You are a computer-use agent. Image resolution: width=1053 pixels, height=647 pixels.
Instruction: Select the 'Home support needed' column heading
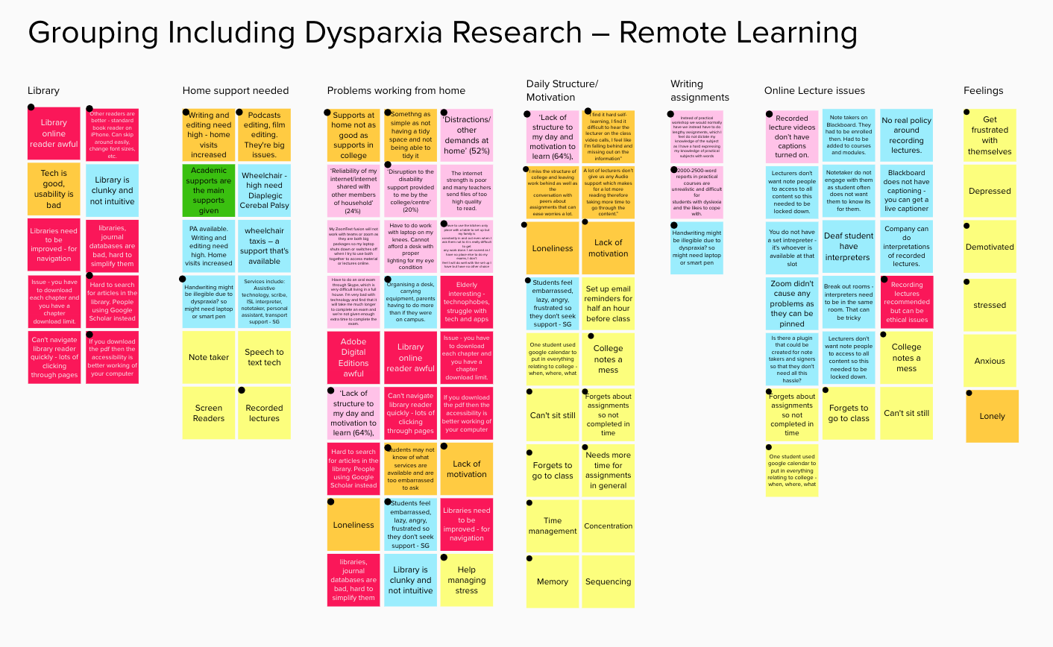click(x=235, y=91)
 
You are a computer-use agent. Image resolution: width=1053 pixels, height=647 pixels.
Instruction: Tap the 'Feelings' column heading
click(x=983, y=91)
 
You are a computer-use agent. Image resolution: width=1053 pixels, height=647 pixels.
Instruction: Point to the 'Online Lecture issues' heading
click(x=814, y=91)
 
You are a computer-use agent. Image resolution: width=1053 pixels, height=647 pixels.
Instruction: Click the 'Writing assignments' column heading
click(x=700, y=91)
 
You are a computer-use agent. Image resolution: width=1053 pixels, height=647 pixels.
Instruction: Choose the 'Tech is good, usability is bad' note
click(x=54, y=189)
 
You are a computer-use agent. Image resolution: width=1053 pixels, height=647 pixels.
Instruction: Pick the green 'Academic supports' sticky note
click(x=209, y=190)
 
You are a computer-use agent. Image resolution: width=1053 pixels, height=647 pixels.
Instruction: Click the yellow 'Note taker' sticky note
click(x=209, y=358)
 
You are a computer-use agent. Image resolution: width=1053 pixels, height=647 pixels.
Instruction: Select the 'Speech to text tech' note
click(x=264, y=358)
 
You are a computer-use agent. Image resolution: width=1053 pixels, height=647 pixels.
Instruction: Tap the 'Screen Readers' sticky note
click(x=209, y=413)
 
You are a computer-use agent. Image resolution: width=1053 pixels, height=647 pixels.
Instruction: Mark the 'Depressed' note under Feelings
click(x=990, y=192)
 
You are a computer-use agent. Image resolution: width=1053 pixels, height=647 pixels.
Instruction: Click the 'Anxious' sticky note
click(x=990, y=361)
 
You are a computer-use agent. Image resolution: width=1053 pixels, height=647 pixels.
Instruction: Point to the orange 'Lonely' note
click(x=992, y=416)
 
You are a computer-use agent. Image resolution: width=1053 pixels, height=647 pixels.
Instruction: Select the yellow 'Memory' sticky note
click(x=553, y=581)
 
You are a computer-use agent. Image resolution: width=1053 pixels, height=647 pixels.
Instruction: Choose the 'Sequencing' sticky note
click(x=609, y=581)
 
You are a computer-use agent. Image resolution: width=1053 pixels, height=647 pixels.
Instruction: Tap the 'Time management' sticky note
click(x=553, y=526)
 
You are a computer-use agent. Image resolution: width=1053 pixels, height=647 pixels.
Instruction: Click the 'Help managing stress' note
click(x=467, y=580)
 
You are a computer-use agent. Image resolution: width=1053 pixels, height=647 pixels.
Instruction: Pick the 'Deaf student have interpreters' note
click(x=849, y=247)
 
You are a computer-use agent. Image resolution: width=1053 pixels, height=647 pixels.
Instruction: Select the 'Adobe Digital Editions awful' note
click(x=353, y=358)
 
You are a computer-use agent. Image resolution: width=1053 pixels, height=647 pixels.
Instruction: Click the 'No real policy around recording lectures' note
click(x=906, y=135)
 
